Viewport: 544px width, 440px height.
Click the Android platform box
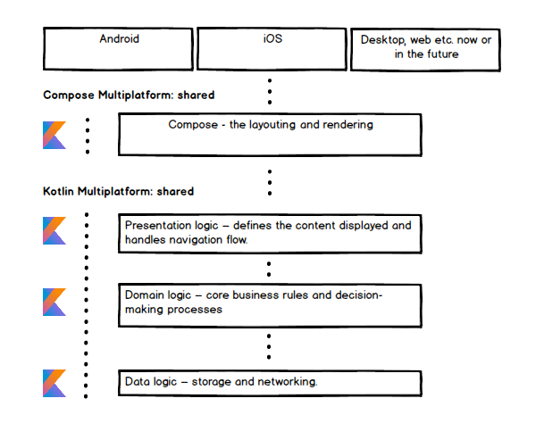click(x=118, y=48)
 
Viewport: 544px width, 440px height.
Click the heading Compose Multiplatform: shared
click(x=129, y=95)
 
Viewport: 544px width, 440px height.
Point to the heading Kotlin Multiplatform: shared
click(x=118, y=191)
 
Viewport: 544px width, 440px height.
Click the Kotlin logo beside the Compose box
click(x=54, y=135)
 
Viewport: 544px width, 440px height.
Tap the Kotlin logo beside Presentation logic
click(x=54, y=230)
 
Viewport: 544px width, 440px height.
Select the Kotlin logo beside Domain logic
click(x=54, y=302)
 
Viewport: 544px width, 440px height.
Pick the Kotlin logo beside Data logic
click(x=54, y=383)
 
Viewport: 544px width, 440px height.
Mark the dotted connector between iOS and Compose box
click(x=270, y=91)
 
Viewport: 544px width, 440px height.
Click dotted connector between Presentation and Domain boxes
click(x=270, y=269)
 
